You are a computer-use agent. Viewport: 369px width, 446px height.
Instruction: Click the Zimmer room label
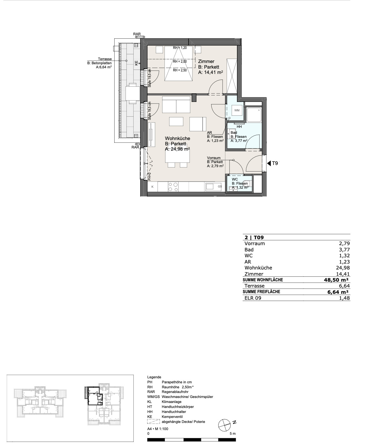[x=206, y=61]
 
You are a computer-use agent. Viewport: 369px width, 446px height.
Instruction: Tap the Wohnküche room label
[x=177, y=138]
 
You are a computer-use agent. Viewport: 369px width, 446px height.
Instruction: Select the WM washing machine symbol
[x=237, y=110]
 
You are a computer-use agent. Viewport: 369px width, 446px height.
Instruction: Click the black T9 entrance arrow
[x=269, y=163]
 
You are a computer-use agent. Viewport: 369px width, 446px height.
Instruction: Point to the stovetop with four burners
[x=173, y=187]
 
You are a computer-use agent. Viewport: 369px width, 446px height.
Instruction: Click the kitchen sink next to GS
[x=210, y=187]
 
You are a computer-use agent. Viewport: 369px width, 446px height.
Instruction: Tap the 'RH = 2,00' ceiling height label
[x=180, y=61]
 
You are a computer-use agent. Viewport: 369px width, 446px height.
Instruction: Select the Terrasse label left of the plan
[x=105, y=59]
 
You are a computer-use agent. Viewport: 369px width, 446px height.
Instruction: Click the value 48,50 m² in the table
[x=336, y=280]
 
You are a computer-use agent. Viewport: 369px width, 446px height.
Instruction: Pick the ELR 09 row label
[x=253, y=298]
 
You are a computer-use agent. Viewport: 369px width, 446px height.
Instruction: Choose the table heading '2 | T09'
[x=254, y=238]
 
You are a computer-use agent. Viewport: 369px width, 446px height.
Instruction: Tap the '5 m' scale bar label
[x=233, y=434]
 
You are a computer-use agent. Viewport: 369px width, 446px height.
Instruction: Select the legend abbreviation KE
[x=150, y=417]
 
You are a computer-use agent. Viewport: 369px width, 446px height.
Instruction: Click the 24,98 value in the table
[x=343, y=268]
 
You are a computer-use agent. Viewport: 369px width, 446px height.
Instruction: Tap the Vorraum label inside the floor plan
[x=214, y=158]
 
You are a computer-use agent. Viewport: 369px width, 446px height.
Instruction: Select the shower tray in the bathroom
[x=254, y=115]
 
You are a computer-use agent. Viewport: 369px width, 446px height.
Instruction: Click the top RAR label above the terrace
[x=137, y=34]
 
